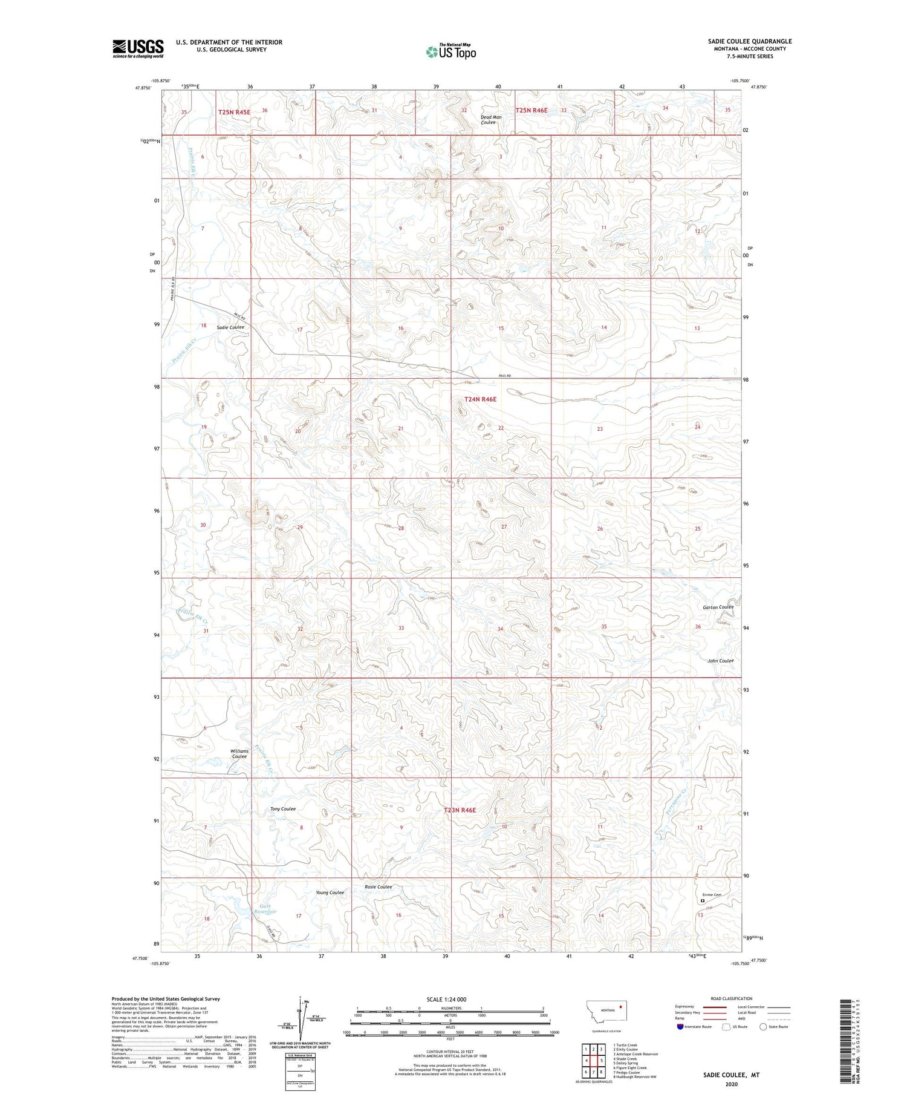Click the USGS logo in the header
(x=138, y=48)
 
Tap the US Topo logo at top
(x=450, y=51)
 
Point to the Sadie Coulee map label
(x=229, y=327)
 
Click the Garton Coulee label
(x=718, y=607)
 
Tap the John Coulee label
(x=720, y=661)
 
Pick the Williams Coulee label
(x=239, y=753)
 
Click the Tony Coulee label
(x=282, y=809)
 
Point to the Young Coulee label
(x=330, y=892)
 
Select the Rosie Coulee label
(x=378, y=887)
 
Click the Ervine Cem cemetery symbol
(x=702, y=900)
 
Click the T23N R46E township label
(x=460, y=810)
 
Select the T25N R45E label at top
(x=234, y=111)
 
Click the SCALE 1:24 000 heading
(x=446, y=999)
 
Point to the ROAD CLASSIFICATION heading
(x=731, y=998)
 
